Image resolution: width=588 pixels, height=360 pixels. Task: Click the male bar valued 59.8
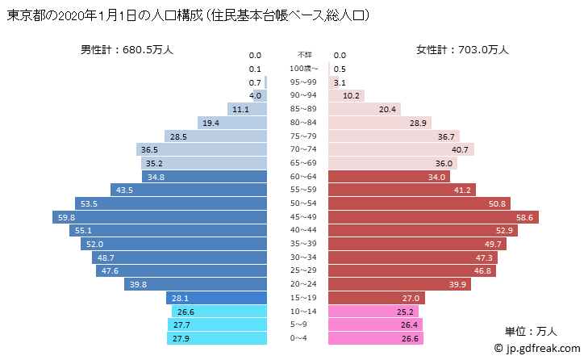[x=160, y=217]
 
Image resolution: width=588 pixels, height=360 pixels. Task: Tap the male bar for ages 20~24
[x=196, y=284]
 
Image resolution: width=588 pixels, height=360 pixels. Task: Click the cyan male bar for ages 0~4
[x=216, y=338]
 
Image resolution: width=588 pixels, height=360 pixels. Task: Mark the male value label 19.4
[x=211, y=123]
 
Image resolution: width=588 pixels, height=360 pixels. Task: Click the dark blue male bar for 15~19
[x=216, y=298]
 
